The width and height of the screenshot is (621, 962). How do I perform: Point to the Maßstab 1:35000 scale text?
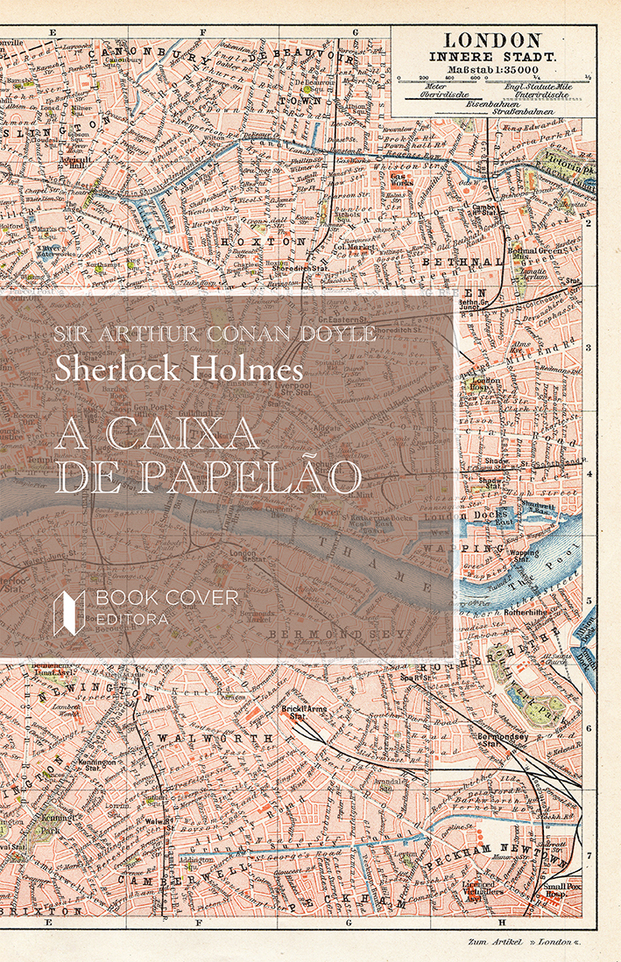pyautogui.click(x=490, y=69)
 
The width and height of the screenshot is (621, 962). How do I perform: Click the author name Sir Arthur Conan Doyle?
pyautogui.click(x=215, y=334)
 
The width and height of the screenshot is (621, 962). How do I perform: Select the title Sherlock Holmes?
pyautogui.click(x=179, y=367)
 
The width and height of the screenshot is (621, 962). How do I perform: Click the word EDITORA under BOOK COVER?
pyautogui.click(x=134, y=619)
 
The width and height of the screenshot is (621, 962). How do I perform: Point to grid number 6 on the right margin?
pyautogui.click(x=589, y=728)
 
